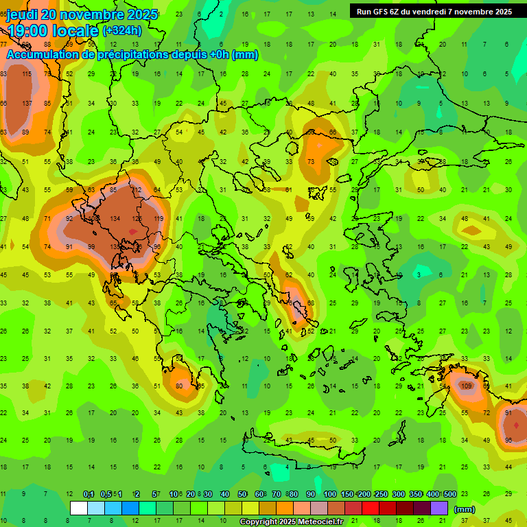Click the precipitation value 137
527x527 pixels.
click(27, 104)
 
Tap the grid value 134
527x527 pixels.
click(115, 219)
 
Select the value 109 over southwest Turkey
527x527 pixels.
click(467, 386)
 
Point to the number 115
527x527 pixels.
click(27, 74)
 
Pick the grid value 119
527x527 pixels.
click(159, 219)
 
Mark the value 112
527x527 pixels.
click(137, 190)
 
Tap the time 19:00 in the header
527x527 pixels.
click(28, 30)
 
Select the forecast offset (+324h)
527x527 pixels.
click(121, 30)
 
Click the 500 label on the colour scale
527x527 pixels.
click(449, 495)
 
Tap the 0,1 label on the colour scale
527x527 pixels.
click(89, 495)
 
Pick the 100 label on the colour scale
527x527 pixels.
click(329, 495)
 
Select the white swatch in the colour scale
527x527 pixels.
click(79, 508)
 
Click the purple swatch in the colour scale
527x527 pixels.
click(439, 508)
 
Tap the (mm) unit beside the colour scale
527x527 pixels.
click(465, 509)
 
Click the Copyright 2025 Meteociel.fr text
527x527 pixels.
click(291, 522)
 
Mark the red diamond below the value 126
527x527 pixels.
click(132, 232)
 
